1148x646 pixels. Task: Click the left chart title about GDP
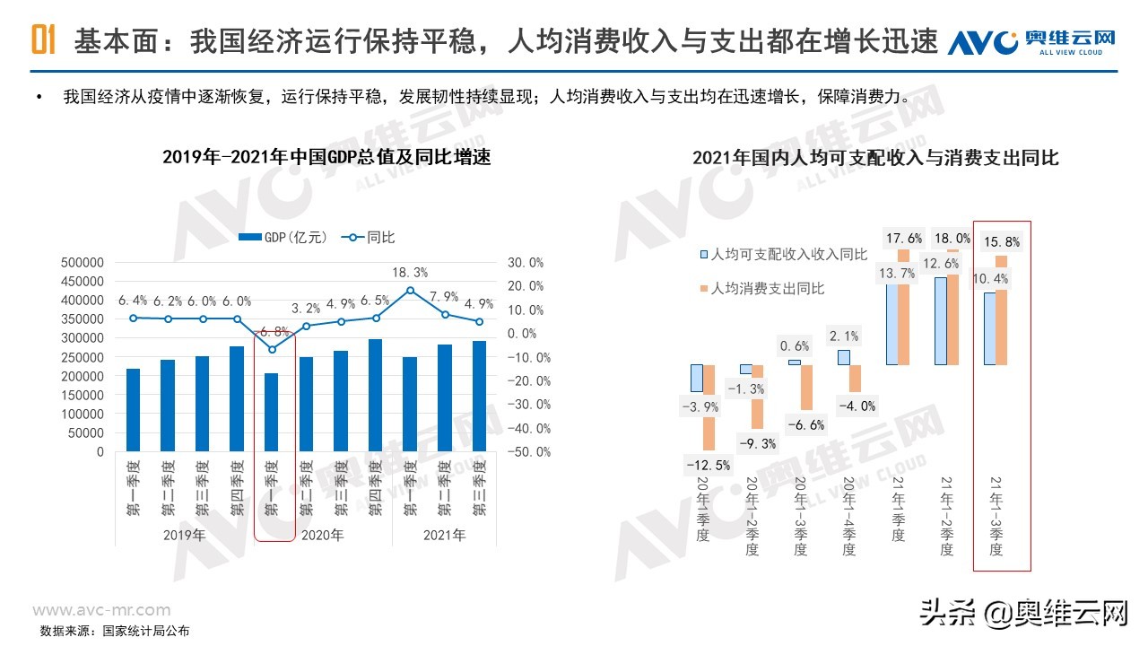click(x=326, y=157)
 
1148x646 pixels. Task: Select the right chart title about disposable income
click(x=875, y=158)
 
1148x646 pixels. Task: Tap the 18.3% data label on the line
click(x=410, y=272)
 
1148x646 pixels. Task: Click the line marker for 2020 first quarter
click(x=272, y=349)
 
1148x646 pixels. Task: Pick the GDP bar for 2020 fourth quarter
click(x=375, y=395)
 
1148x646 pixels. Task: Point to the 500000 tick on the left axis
click(x=82, y=263)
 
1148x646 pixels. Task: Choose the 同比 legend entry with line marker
click(x=368, y=238)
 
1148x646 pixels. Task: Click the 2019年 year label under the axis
click(x=184, y=535)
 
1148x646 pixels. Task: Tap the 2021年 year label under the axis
click(x=444, y=535)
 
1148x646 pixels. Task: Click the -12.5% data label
click(x=708, y=465)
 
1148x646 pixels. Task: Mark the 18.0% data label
click(x=952, y=239)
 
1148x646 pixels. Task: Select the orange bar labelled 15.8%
click(x=1001, y=310)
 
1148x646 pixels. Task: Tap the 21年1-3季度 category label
click(x=995, y=515)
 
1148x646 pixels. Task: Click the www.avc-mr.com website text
click(x=101, y=610)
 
